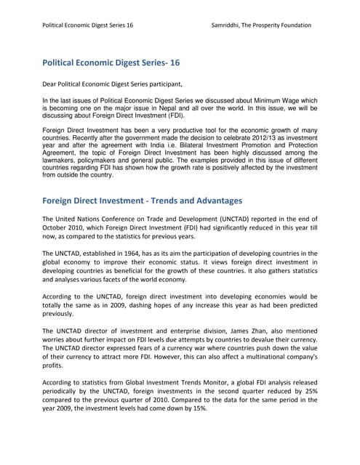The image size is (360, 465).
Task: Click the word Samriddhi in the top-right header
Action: click(x=226, y=25)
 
